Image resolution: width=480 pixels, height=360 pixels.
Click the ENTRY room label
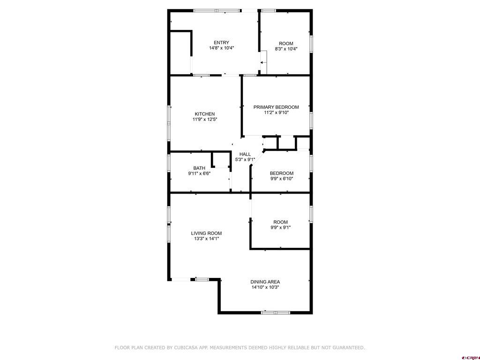[x=221, y=43]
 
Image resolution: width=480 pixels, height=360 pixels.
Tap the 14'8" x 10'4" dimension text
[x=221, y=48]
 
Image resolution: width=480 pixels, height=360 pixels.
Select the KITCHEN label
[x=205, y=114]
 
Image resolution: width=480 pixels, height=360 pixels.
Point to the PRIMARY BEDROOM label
[x=276, y=107]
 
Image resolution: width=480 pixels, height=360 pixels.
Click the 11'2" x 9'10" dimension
[x=276, y=112]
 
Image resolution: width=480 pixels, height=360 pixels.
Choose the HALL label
[x=245, y=154]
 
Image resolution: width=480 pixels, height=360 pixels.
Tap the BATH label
[x=199, y=168]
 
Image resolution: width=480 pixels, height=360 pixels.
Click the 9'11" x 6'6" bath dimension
[x=199, y=174]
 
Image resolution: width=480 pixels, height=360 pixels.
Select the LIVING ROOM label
[x=206, y=233]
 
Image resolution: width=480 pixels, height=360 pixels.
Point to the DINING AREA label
[x=265, y=282]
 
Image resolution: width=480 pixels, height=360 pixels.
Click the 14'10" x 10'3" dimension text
[x=265, y=287]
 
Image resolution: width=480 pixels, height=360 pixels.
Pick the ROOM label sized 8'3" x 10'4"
[x=286, y=43]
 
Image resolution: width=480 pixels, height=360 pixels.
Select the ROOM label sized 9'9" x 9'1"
[x=280, y=222]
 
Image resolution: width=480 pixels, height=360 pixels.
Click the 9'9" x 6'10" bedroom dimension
[x=281, y=179]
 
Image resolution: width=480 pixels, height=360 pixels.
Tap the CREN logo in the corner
[x=470, y=357]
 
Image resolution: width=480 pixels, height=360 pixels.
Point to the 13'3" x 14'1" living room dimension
[x=206, y=239]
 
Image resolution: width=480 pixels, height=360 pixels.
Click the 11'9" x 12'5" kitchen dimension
[x=205, y=120]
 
